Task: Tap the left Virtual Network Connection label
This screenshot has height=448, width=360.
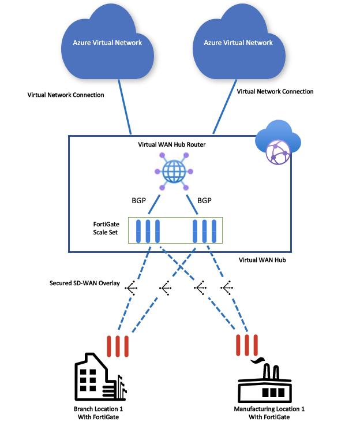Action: pos(66,95)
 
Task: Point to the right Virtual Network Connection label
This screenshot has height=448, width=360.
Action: pos(275,91)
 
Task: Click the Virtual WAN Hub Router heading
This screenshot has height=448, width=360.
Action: pos(172,144)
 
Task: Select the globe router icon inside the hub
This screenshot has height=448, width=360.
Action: pos(173,171)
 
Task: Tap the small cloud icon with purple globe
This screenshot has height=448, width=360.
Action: pos(278,144)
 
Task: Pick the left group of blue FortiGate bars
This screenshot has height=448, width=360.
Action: pos(147,231)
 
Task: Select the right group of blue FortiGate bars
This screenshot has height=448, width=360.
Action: pos(205,231)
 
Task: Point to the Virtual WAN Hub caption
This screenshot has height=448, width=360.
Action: pos(262,260)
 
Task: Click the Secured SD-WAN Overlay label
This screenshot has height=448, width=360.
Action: pos(85,283)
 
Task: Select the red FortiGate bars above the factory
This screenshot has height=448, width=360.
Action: pos(247,345)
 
